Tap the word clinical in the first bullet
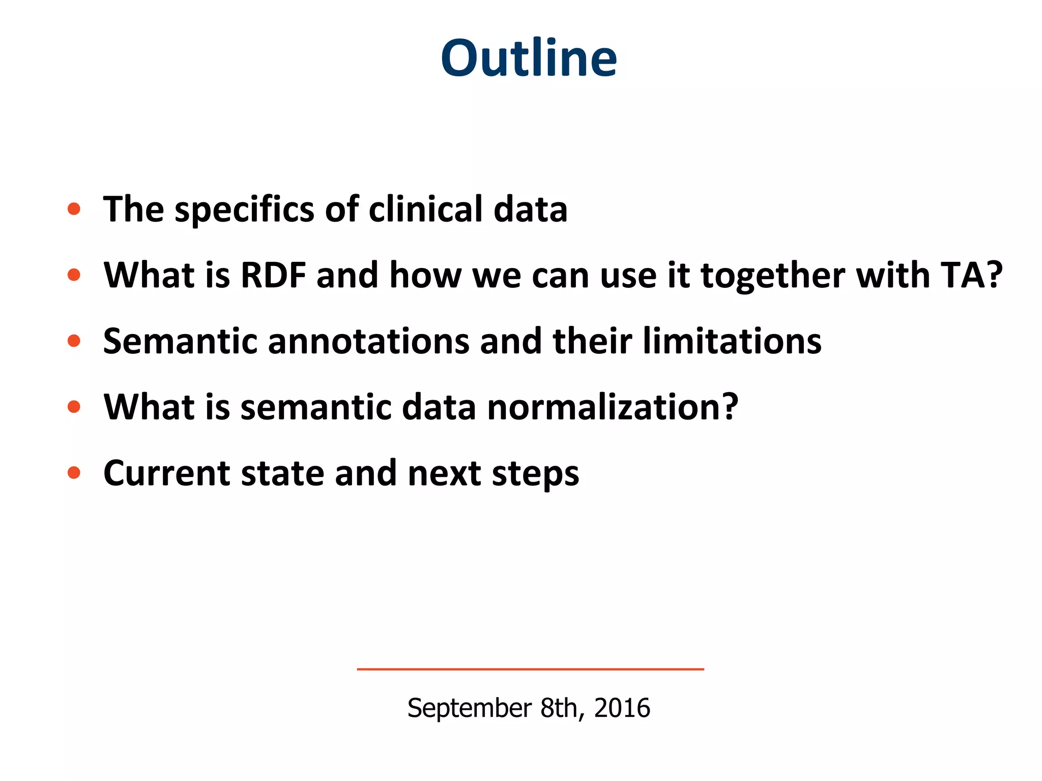coord(425,209)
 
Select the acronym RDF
coord(273,275)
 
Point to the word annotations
coord(368,341)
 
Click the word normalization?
coord(612,407)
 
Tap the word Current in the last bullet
coord(166,473)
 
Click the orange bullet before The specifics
coord(74,209)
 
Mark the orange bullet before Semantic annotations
coord(74,341)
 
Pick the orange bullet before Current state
coord(74,473)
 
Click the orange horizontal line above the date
coord(530,669)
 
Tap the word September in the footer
coord(469,708)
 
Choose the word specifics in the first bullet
coord(245,210)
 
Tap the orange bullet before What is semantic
coord(74,407)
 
